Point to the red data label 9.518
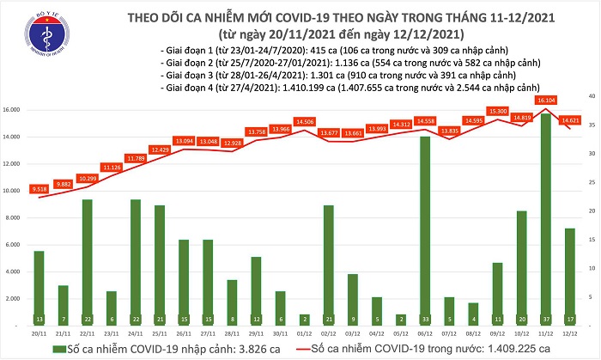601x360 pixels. tap(38, 188)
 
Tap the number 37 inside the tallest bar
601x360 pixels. tap(544, 318)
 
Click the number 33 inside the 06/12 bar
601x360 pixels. tap(424, 318)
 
